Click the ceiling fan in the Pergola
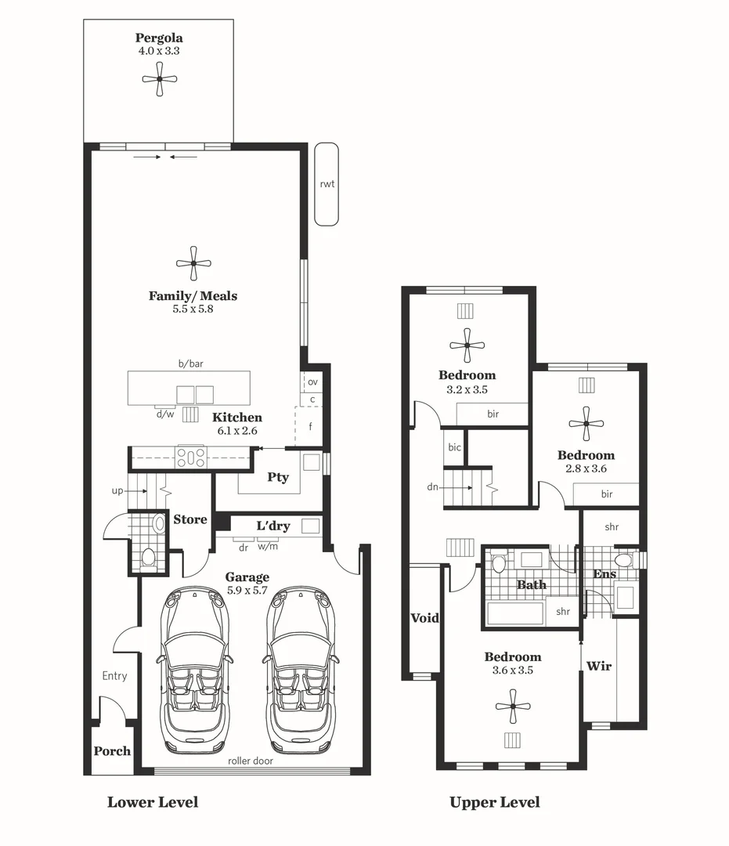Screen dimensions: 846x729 point(160,79)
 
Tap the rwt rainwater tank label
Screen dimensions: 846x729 point(327,184)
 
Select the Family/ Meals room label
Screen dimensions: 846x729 point(193,296)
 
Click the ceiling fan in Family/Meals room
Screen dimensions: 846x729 point(193,264)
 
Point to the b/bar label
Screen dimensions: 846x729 point(190,364)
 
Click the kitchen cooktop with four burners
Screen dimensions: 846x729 point(190,456)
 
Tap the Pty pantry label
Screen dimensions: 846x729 point(278,477)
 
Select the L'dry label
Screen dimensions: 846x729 point(272,526)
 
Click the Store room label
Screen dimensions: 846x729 point(189,519)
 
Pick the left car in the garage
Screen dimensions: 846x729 point(195,669)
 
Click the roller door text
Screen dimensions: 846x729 point(251,761)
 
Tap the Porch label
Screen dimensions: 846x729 point(112,750)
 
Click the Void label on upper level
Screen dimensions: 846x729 point(425,618)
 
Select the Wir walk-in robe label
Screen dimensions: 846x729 point(599,666)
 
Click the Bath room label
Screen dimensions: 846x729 point(532,584)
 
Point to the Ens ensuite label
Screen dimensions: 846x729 point(604,574)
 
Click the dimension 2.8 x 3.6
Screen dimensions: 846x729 point(586,468)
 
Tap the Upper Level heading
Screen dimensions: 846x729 point(494,802)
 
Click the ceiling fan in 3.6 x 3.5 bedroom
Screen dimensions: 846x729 point(513,707)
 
